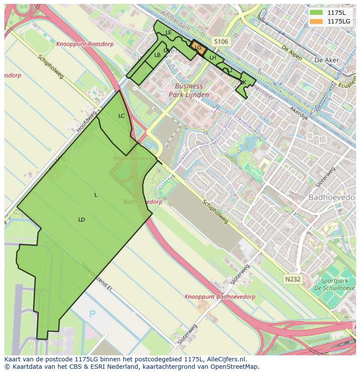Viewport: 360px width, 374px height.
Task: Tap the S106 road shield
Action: tap(220, 42)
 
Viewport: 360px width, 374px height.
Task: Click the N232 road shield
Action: tap(293, 279)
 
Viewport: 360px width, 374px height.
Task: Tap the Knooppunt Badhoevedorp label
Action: tap(220, 297)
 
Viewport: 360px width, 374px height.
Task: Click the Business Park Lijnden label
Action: tap(189, 90)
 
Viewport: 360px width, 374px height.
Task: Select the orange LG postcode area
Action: tap(198, 48)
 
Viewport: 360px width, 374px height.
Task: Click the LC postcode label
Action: tap(121, 116)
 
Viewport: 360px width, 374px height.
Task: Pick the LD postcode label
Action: tap(81, 220)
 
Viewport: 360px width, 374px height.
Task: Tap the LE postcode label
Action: tap(169, 33)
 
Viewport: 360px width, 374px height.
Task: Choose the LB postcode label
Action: tap(157, 55)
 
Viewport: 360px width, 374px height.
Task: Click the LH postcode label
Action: tap(213, 58)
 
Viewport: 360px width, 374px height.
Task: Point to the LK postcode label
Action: tap(243, 83)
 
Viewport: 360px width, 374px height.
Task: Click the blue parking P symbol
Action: tap(92, 314)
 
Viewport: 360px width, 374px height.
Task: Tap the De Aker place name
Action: tap(324, 60)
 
